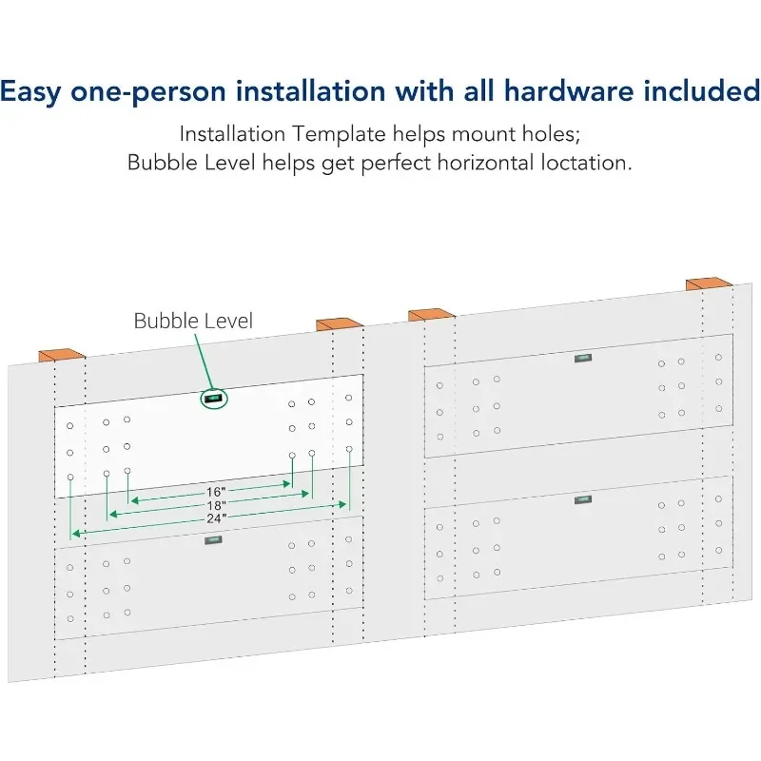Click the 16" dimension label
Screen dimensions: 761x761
pyautogui.click(x=215, y=492)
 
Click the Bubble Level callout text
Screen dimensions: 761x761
pyautogui.click(x=193, y=321)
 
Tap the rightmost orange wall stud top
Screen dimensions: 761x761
pyautogui.click(x=708, y=284)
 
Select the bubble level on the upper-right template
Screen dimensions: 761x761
pyautogui.click(x=582, y=359)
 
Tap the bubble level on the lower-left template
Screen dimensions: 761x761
pyautogui.click(x=213, y=540)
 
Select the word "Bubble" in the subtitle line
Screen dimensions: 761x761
pyautogui.click(x=159, y=163)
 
